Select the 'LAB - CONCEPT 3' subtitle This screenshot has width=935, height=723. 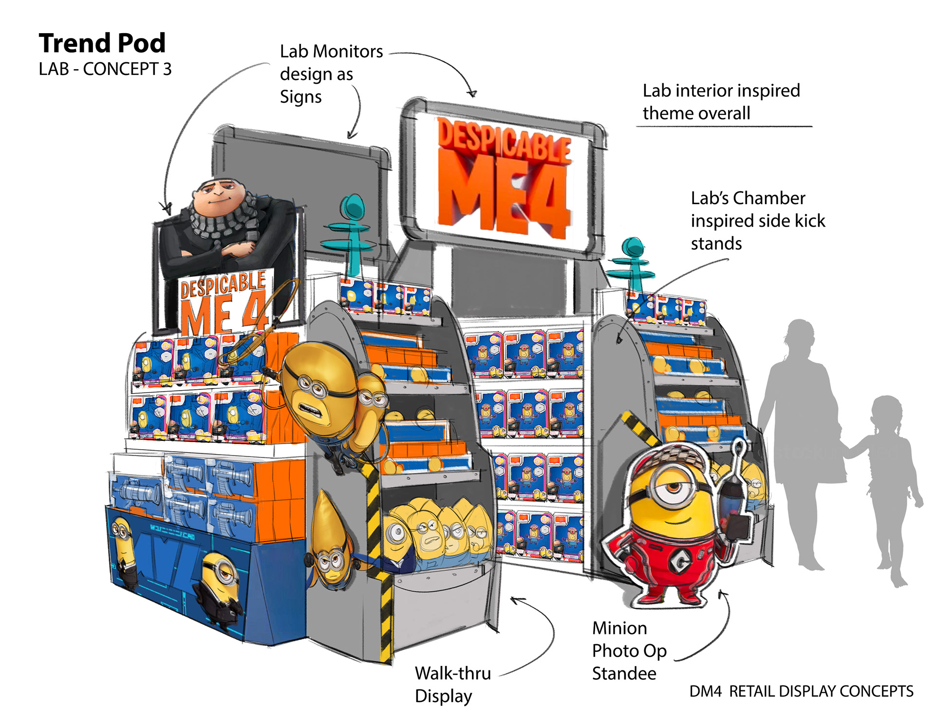point(105,69)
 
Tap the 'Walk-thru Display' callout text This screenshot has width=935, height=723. point(452,684)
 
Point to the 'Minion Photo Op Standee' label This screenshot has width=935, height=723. point(629,651)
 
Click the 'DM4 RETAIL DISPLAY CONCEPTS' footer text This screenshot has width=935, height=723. point(801,691)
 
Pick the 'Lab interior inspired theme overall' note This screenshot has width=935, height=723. point(721,102)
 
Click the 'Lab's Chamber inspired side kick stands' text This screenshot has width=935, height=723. point(757,221)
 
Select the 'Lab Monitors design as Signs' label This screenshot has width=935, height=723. point(331,74)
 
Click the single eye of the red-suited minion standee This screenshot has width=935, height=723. point(674,487)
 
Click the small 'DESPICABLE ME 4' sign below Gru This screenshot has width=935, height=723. point(224,302)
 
